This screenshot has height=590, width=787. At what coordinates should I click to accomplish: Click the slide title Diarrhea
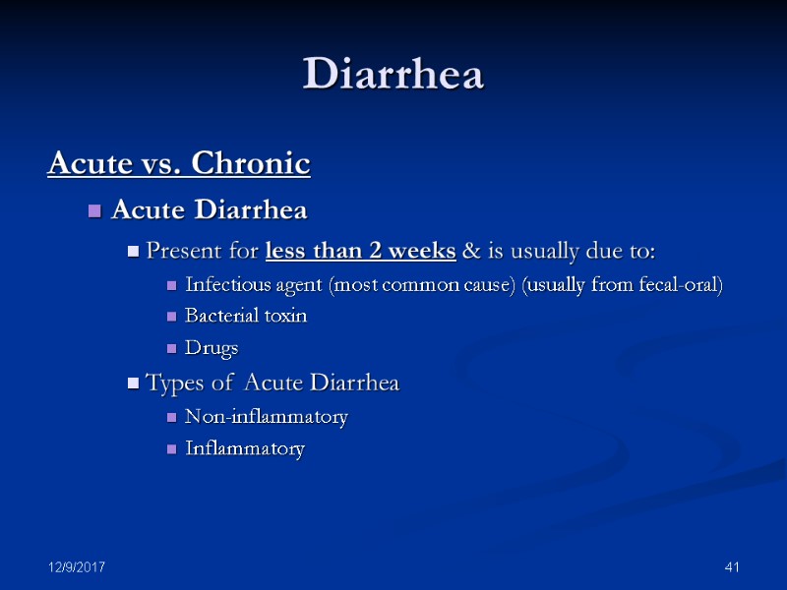(x=393, y=75)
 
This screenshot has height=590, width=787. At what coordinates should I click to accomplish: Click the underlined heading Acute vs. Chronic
(x=179, y=163)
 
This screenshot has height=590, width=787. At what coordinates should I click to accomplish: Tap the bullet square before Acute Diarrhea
(x=95, y=211)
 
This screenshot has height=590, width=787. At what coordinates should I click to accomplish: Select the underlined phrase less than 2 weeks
(x=361, y=251)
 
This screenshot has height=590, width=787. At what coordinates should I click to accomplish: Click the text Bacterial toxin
(x=246, y=316)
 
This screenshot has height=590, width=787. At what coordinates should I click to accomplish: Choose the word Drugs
(x=212, y=348)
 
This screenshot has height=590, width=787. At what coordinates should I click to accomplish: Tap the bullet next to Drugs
(x=172, y=349)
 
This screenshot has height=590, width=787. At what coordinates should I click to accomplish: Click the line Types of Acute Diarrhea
(x=272, y=383)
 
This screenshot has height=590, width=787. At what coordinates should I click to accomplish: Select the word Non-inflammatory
(x=267, y=417)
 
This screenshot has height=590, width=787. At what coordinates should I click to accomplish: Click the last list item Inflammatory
(x=245, y=448)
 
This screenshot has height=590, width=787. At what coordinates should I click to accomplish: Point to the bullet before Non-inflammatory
(x=172, y=418)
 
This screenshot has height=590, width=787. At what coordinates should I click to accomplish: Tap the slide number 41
(x=731, y=567)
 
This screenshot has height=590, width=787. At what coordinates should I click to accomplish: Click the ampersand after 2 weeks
(x=470, y=251)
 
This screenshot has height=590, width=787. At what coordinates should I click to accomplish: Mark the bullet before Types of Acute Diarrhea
(x=134, y=383)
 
